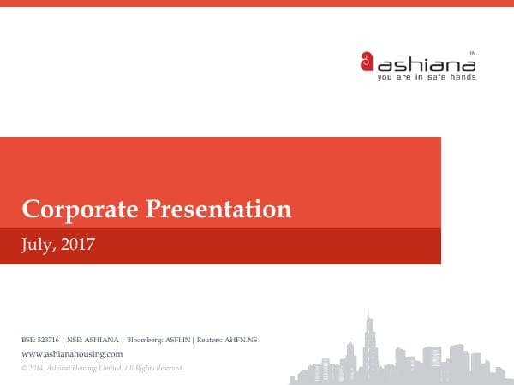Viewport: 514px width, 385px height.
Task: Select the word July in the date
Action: coord(38,246)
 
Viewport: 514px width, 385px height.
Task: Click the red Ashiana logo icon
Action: coord(367,62)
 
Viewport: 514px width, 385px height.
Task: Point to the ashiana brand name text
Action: coord(426,63)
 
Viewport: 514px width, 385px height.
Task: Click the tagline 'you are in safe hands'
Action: coord(426,77)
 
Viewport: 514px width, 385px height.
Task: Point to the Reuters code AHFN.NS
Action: coord(241,340)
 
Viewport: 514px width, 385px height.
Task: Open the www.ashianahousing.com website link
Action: coord(72,353)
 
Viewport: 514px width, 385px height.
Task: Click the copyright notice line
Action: coord(101,367)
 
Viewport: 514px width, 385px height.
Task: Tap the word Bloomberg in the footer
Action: coord(143,340)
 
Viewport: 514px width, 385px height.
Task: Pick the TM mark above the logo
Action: coord(472,53)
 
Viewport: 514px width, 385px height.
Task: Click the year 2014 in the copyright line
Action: coord(37,367)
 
